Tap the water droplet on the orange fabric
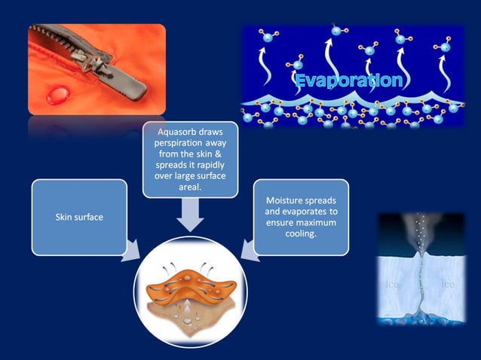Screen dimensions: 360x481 [57, 95]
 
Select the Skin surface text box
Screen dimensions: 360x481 [79, 217]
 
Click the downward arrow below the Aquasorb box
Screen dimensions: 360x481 [191, 218]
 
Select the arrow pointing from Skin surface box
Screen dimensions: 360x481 [133, 249]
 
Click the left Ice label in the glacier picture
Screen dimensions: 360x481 [392, 285]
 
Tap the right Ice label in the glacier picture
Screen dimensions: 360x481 [448, 285]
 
